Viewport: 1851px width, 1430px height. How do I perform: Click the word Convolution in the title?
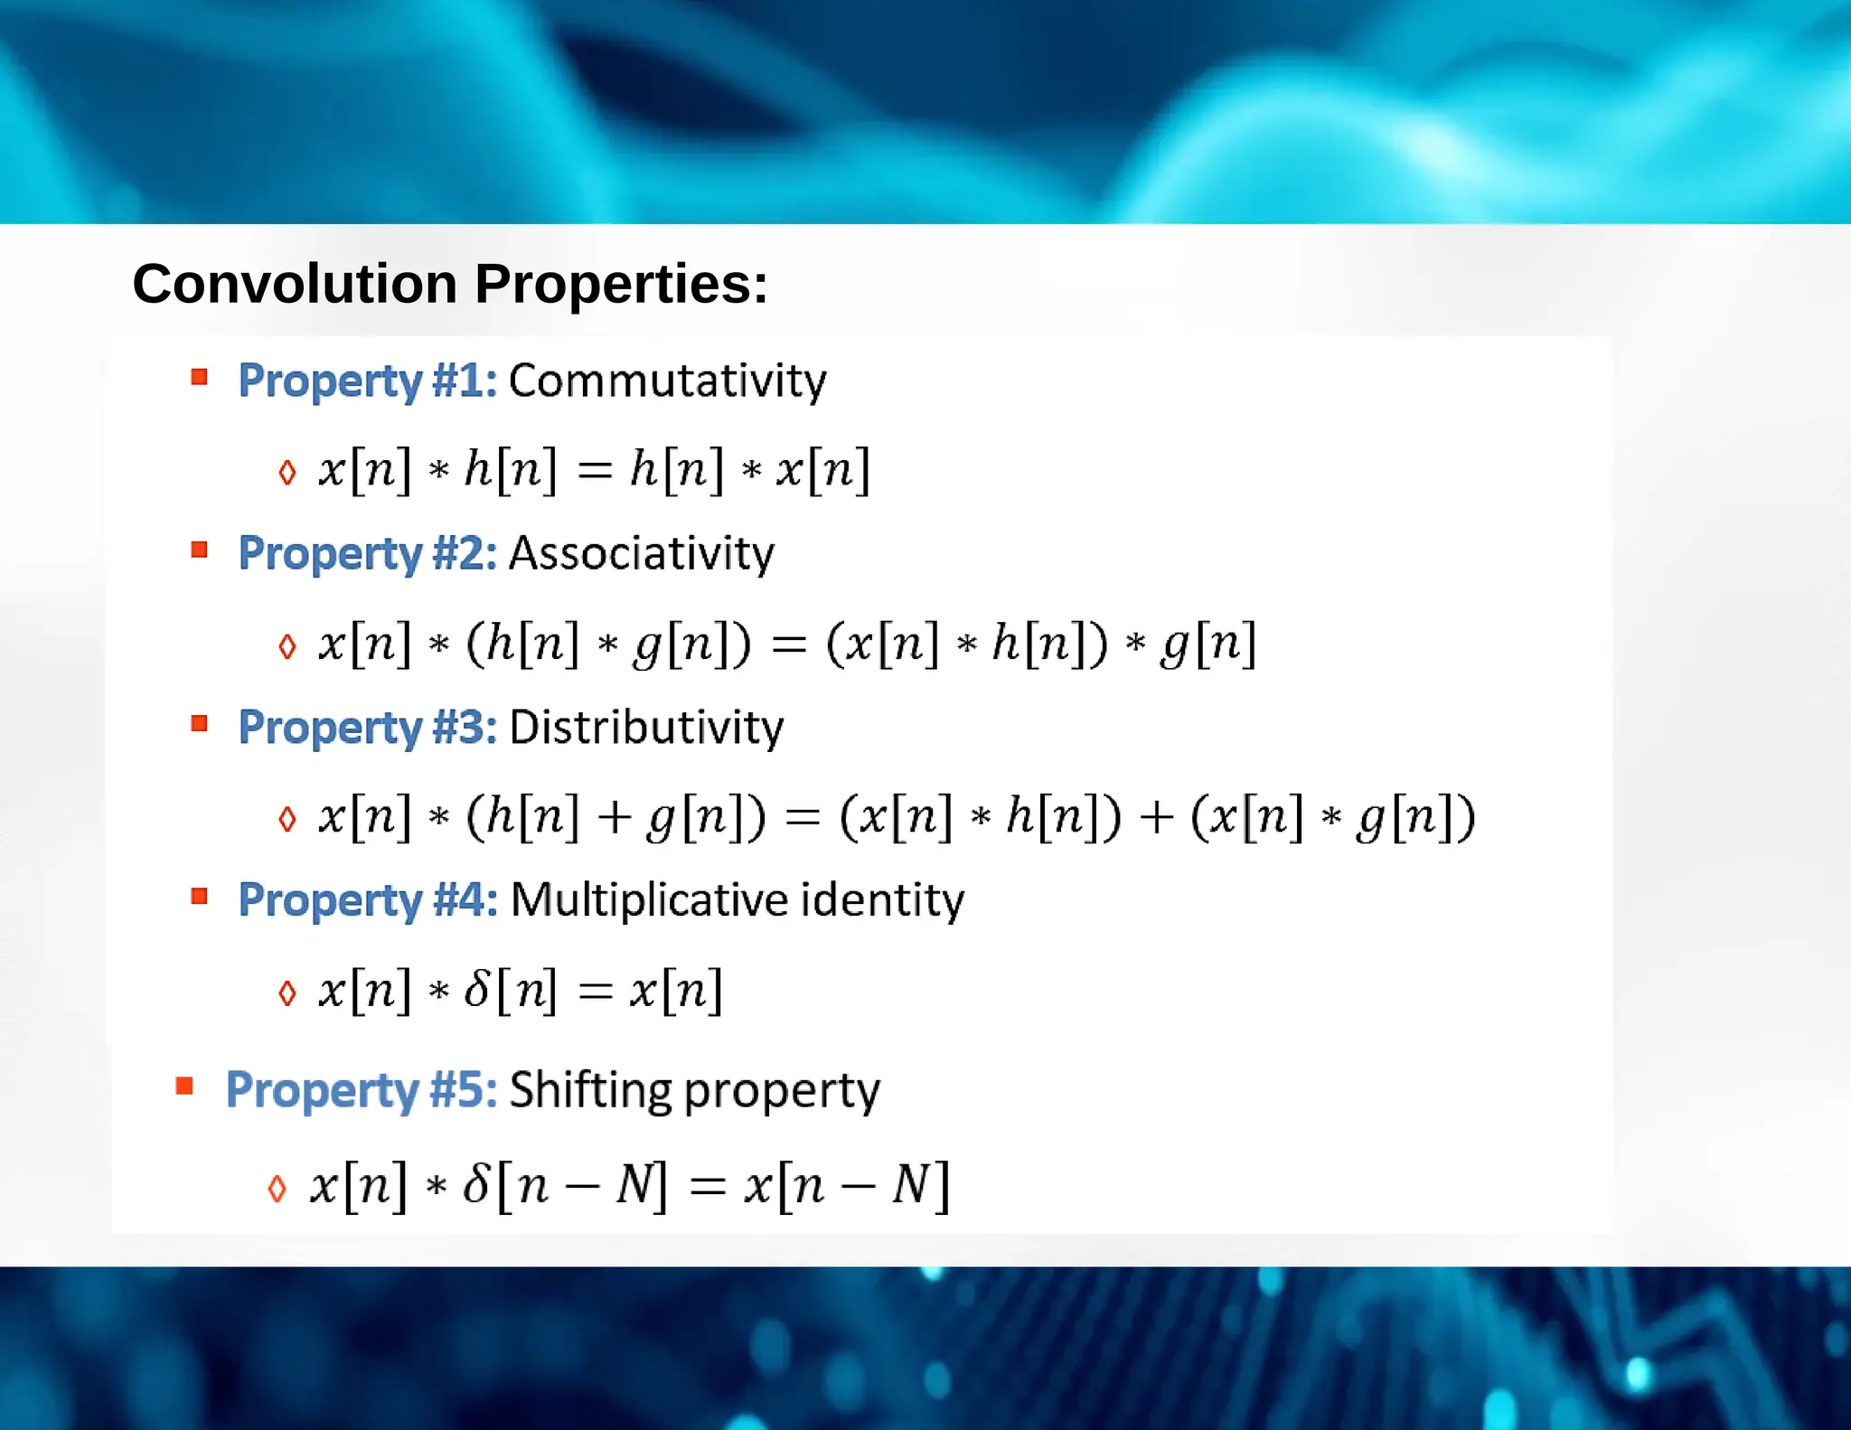tap(295, 284)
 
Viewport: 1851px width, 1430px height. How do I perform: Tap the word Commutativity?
tap(667, 381)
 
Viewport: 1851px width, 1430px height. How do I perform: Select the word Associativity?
tap(642, 553)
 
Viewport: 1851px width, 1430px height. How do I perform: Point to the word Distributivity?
tap(646, 728)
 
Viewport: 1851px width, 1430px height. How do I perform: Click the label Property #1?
tap(367, 381)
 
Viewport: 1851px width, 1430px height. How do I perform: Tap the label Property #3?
tap(367, 728)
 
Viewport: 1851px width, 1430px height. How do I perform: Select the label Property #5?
tap(361, 1090)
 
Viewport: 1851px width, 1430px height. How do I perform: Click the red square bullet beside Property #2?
tap(200, 550)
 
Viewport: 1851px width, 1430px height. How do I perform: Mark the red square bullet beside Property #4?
tap(200, 896)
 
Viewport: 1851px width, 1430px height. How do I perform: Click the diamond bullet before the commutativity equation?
tap(287, 472)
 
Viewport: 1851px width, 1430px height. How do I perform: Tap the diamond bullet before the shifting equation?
tap(277, 1188)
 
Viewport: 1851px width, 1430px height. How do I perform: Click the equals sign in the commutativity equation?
tap(595, 470)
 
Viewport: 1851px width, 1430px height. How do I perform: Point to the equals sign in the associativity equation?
tap(788, 644)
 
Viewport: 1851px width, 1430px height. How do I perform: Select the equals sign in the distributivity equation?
tap(803, 818)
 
